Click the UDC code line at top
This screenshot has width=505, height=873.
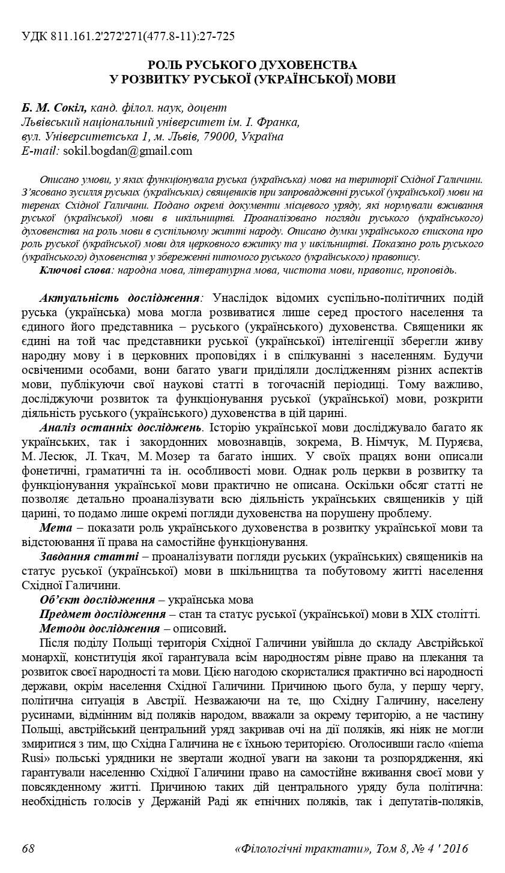tap(128, 37)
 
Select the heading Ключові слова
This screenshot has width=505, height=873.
tap(76, 270)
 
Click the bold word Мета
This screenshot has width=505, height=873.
tap(56, 528)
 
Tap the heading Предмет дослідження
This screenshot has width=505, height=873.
tap(102, 614)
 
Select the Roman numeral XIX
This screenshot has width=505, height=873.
tap(423, 614)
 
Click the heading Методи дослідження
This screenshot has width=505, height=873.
tap(99, 629)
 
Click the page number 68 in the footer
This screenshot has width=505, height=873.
tap(28, 848)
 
